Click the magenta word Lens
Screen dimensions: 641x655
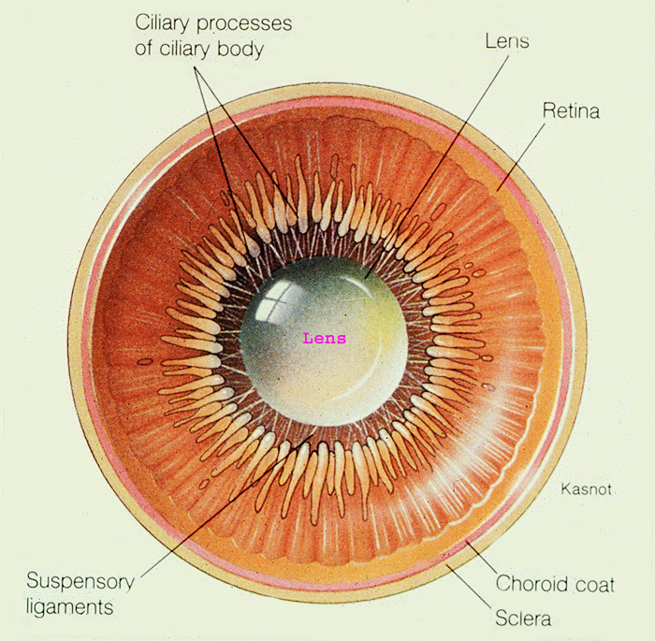click(324, 338)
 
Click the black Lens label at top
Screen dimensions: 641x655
click(508, 41)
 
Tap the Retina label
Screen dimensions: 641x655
click(571, 110)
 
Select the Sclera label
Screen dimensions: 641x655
click(522, 618)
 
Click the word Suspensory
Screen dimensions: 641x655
click(80, 581)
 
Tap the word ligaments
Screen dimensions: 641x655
click(70, 606)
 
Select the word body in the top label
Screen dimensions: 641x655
click(240, 49)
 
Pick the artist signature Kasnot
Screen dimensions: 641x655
click(586, 488)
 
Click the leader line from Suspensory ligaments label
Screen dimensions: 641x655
click(225, 505)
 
